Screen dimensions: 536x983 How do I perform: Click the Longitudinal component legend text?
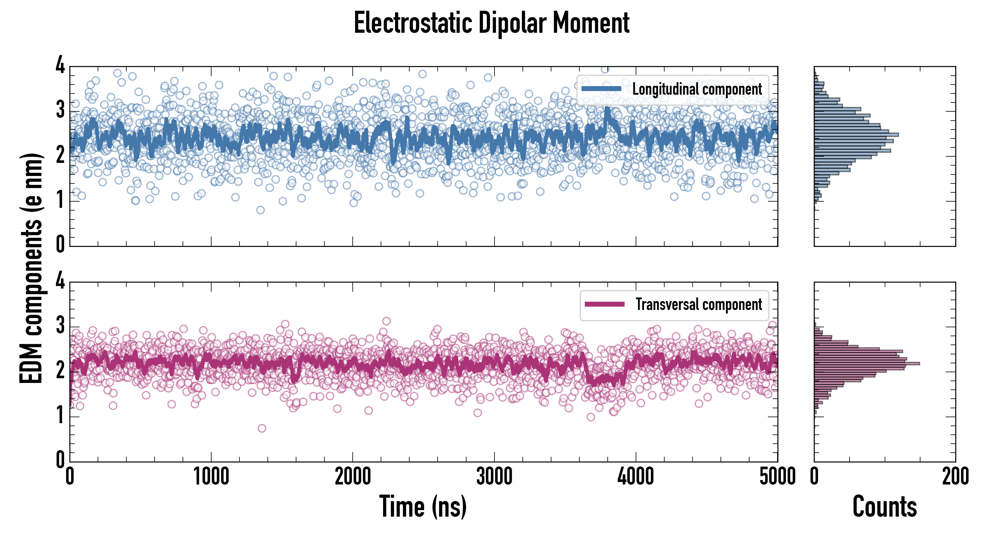pos(697,89)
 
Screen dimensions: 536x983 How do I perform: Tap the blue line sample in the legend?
pos(601,89)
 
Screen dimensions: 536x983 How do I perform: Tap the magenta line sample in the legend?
pos(604,304)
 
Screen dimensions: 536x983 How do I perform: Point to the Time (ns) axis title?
pos(423,507)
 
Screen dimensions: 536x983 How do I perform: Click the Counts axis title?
pos(884,507)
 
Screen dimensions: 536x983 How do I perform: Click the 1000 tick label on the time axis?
pos(211,477)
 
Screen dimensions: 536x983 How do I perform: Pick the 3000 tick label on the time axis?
pos(494,477)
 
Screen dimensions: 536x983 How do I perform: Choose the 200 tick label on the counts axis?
pos(955,477)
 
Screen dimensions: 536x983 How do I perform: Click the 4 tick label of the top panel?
pos(60,65)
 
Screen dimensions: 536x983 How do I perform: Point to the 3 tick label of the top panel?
pos(60,110)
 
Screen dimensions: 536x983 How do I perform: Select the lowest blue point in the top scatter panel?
pos(260,210)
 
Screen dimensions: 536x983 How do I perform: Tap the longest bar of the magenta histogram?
pos(866,364)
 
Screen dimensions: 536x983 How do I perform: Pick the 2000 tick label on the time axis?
pos(353,477)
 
